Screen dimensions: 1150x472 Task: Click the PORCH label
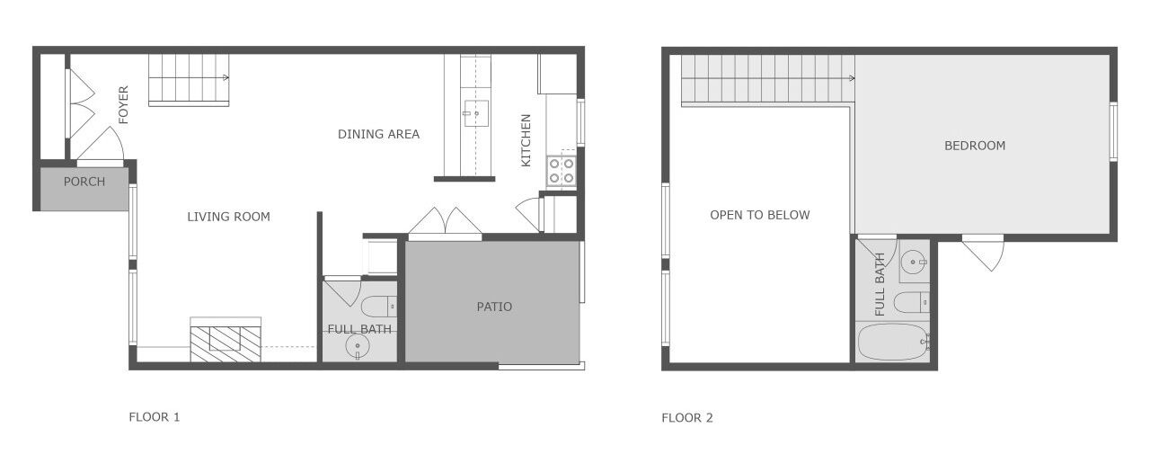tap(84, 182)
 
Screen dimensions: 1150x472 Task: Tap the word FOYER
tap(123, 105)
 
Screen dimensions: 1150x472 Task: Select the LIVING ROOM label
tap(228, 217)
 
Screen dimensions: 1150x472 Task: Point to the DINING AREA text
tap(378, 134)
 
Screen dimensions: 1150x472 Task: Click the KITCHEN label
tap(526, 140)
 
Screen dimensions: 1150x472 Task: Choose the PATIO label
tap(494, 307)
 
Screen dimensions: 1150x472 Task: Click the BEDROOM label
tap(975, 146)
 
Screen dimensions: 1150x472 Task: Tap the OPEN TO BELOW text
tap(760, 215)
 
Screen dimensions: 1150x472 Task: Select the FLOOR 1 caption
tap(154, 417)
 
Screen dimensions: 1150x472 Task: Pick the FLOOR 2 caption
tap(687, 418)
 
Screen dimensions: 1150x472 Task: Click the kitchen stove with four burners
tap(562, 171)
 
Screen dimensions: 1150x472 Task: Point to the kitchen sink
tap(475, 113)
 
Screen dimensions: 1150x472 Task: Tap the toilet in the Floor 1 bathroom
tap(379, 307)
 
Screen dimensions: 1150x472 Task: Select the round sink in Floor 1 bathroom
tap(358, 347)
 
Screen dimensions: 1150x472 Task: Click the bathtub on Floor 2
tap(893, 342)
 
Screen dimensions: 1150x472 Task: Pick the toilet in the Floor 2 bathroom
tap(912, 302)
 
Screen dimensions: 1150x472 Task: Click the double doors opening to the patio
tap(445, 222)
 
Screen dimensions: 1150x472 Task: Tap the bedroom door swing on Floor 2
tap(984, 254)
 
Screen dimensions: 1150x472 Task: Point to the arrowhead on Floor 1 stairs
tap(226, 78)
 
